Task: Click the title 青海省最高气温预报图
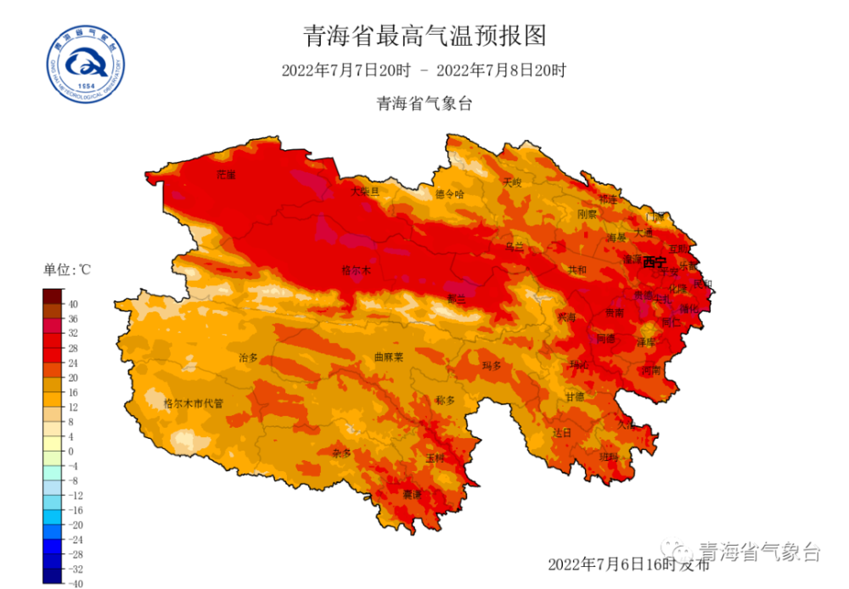point(424,36)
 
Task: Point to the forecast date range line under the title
point(424,70)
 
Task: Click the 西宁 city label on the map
point(655,261)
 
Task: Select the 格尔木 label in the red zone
point(357,271)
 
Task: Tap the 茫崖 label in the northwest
point(225,174)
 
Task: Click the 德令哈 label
point(450,194)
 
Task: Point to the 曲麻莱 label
point(389,357)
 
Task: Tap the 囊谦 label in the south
point(412,494)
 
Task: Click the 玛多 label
point(492,366)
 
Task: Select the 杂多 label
point(343,453)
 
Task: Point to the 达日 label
point(562,432)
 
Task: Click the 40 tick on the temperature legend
point(74,303)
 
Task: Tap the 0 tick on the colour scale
point(71,451)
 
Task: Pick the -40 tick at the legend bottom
point(76,583)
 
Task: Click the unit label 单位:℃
point(67,270)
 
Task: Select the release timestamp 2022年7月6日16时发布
point(628,564)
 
